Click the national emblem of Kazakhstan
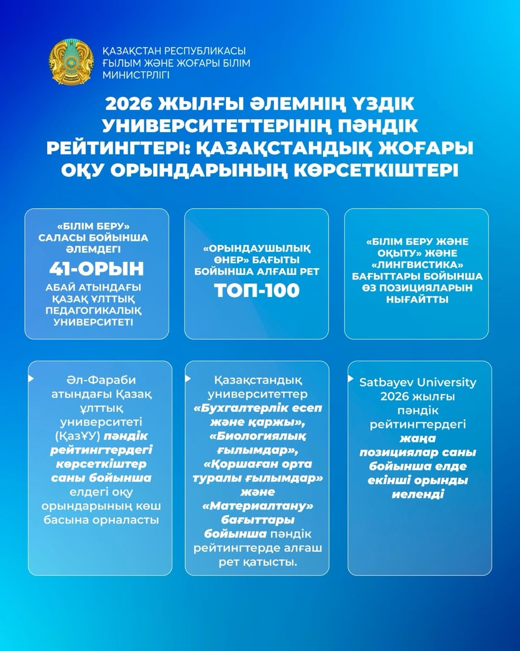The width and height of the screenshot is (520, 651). (x=71, y=63)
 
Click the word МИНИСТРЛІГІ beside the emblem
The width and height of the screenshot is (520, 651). (x=136, y=75)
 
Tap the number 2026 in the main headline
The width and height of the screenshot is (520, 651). (x=128, y=104)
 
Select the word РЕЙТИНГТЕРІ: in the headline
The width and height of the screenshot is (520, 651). (x=117, y=148)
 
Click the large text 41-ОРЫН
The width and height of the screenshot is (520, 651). (x=96, y=269)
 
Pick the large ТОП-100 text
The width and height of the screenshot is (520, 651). (x=257, y=290)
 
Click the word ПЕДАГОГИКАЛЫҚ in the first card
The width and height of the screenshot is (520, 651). (x=93, y=311)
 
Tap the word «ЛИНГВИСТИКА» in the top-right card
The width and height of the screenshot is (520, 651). (x=417, y=265)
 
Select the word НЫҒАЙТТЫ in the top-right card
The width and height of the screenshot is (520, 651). (x=417, y=299)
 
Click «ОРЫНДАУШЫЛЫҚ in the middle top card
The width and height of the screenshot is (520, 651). (x=257, y=249)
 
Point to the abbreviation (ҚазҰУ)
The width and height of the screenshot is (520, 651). (x=78, y=436)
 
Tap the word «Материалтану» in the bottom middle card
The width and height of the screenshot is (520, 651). (x=258, y=506)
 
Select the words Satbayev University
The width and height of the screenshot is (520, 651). (x=417, y=382)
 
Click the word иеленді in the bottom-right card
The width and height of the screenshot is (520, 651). (x=417, y=494)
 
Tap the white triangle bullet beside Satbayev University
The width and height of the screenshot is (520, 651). (x=351, y=379)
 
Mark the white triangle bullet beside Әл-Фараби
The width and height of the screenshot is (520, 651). (x=31, y=379)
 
